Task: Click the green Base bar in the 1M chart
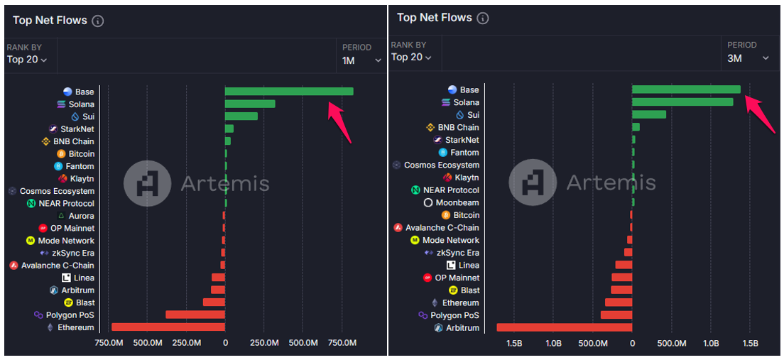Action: pyautogui.click(x=288, y=92)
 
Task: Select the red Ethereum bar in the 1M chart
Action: pyautogui.click(x=168, y=327)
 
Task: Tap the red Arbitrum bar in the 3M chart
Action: pyautogui.click(x=564, y=327)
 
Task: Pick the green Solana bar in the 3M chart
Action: pyautogui.click(x=682, y=102)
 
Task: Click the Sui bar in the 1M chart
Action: pyautogui.click(x=241, y=116)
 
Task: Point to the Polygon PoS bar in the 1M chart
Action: pyautogui.click(x=195, y=315)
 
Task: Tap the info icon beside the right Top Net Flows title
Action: pyautogui.click(x=483, y=18)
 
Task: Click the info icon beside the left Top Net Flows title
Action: pyautogui.click(x=98, y=21)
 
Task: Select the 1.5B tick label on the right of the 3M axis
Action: pyautogui.click(x=750, y=344)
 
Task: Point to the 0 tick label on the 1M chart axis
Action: pyautogui.click(x=225, y=344)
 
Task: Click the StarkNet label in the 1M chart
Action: pyautogui.click(x=77, y=129)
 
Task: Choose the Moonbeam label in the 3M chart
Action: pyautogui.click(x=457, y=202)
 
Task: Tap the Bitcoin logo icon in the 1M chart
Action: pyautogui.click(x=62, y=154)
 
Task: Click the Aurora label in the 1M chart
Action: pyautogui.click(x=81, y=216)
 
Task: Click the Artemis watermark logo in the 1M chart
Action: pyautogui.click(x=147, y=184)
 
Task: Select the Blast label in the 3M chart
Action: pyautogui.click(x=469, y=290)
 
